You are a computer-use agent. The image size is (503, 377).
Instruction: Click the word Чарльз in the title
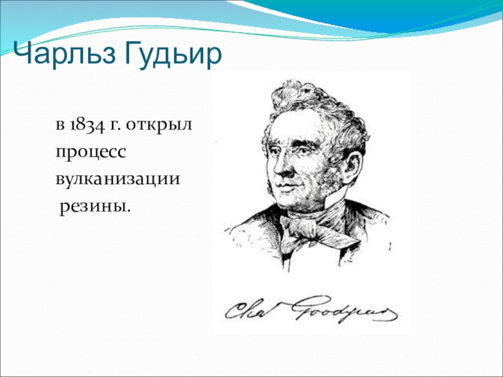pyautogui.click(x=64, y=54)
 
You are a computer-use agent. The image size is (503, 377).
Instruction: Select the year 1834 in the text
pyautogui.click(x=87, y=125)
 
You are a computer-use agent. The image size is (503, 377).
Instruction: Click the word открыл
pyautogui.click(x=159, y=125)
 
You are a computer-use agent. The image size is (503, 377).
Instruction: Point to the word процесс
pyautogui.click(x=91, y=152)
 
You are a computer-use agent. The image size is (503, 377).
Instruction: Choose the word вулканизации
pyautogui.click(x=118, y=179)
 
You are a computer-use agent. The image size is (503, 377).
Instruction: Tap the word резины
pyautogui.click(x=96, y=207)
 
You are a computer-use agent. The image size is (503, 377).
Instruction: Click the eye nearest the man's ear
pyautogui.click(x=312, y=151)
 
